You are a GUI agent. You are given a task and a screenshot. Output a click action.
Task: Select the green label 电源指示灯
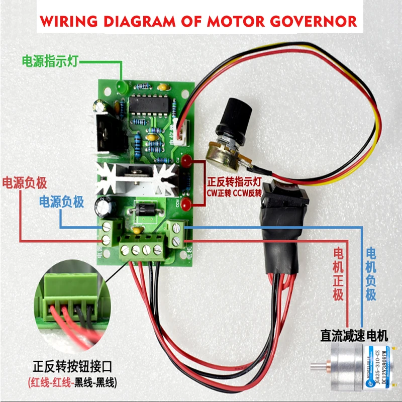tap(50, 61)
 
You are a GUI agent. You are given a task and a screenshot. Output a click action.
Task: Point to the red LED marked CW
tap(185, 162)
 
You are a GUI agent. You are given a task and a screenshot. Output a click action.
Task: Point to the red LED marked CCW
tap(185, 205)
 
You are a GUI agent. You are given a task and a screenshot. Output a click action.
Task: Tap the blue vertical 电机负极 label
tap(371, 274)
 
